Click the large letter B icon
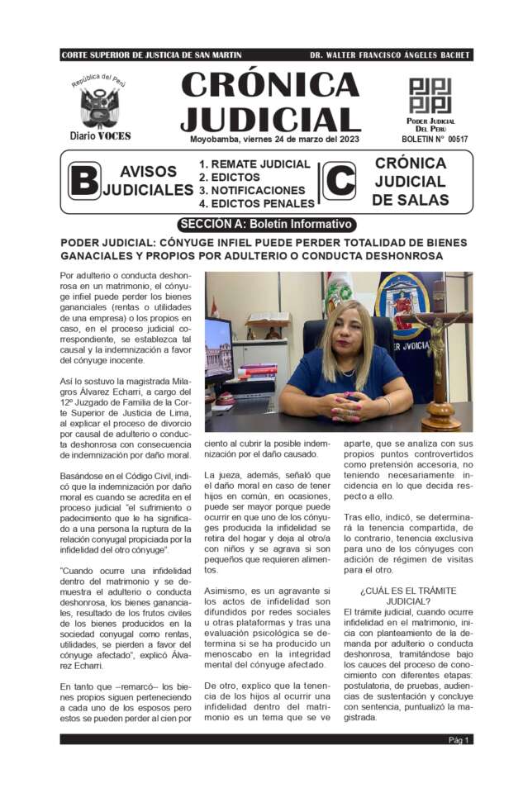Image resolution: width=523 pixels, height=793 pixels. click(x=83, y=181)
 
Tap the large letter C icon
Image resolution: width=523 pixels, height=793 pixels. click(x=338, y=181)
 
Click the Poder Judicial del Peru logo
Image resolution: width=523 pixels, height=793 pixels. click(x=430, y=97)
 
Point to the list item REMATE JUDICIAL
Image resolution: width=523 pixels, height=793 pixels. click(x=254, y=164)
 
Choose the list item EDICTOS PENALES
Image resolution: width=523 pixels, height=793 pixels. click(x=256, y=203)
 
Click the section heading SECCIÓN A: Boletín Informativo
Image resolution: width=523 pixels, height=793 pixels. click(x=266, y=224)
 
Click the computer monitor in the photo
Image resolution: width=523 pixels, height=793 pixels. click(x=219, y=347)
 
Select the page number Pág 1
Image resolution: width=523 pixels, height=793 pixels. click(x=459, y=739)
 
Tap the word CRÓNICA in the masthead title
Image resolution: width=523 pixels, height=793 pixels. click(x=269, y=85)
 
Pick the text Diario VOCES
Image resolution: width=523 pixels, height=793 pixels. click(x=100, y=135)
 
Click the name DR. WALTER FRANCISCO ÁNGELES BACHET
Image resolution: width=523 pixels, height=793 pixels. click(x=390, y=55)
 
